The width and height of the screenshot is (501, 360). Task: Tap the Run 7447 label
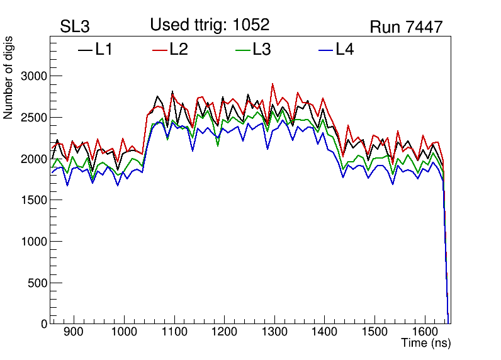click(x=406, y=27)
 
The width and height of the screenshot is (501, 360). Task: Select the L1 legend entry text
click(x=103, y=50)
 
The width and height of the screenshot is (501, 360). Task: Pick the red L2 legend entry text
click(x=178, y=50)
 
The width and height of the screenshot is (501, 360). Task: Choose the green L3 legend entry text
click(x=261, y=50)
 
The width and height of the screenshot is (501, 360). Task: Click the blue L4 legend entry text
click(x=344, y=50)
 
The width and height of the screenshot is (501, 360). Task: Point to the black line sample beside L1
click(x=85, y=50)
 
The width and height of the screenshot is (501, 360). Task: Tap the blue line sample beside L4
click(x=325, y=50)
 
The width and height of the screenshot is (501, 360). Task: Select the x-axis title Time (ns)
click(x=426, y=344)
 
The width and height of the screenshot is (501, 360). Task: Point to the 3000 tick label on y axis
click(x=35, y=76)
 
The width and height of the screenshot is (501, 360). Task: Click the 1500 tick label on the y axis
click(x=35, y=200)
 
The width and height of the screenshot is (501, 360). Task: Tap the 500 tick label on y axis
click(x=38, y=283)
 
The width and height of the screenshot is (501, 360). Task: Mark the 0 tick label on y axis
click(x=44, y=324)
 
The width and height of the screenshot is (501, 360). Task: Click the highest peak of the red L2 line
click(x=273, y=84)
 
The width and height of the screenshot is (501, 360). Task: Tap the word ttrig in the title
click(x=211, y=25)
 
